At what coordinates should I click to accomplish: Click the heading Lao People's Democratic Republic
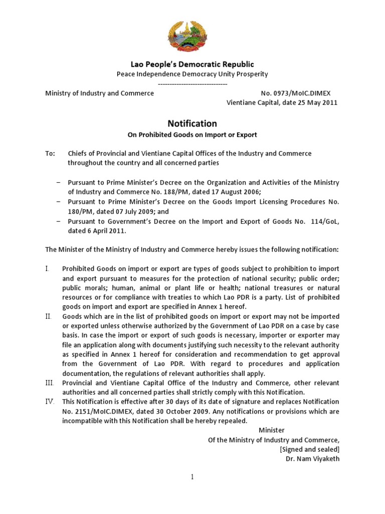(192, 64)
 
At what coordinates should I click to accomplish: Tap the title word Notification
(192, 123)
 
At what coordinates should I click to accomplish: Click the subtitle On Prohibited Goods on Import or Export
(192, 135)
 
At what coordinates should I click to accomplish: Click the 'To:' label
(50, 153)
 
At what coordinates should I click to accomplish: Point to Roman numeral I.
(47, 269)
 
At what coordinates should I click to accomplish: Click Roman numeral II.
(48, 317)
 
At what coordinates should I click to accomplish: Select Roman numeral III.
(49, 383)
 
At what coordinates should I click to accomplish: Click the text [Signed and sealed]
(309, 449)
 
